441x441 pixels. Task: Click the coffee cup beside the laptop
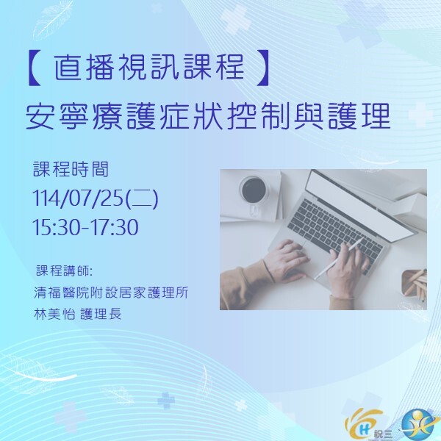pyautogui.click(x=253, y=191)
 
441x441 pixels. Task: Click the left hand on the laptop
pyautogui.click(x=283, y=261)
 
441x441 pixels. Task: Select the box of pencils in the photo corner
pyautogui.click(x=413, y=283)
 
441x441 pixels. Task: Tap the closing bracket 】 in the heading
pyautogui.click(x=259, y=68)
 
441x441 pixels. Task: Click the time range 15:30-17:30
pyautogui.click(x=85, y=227)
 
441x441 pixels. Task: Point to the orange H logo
pyautogui.click(x=362, y=422)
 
